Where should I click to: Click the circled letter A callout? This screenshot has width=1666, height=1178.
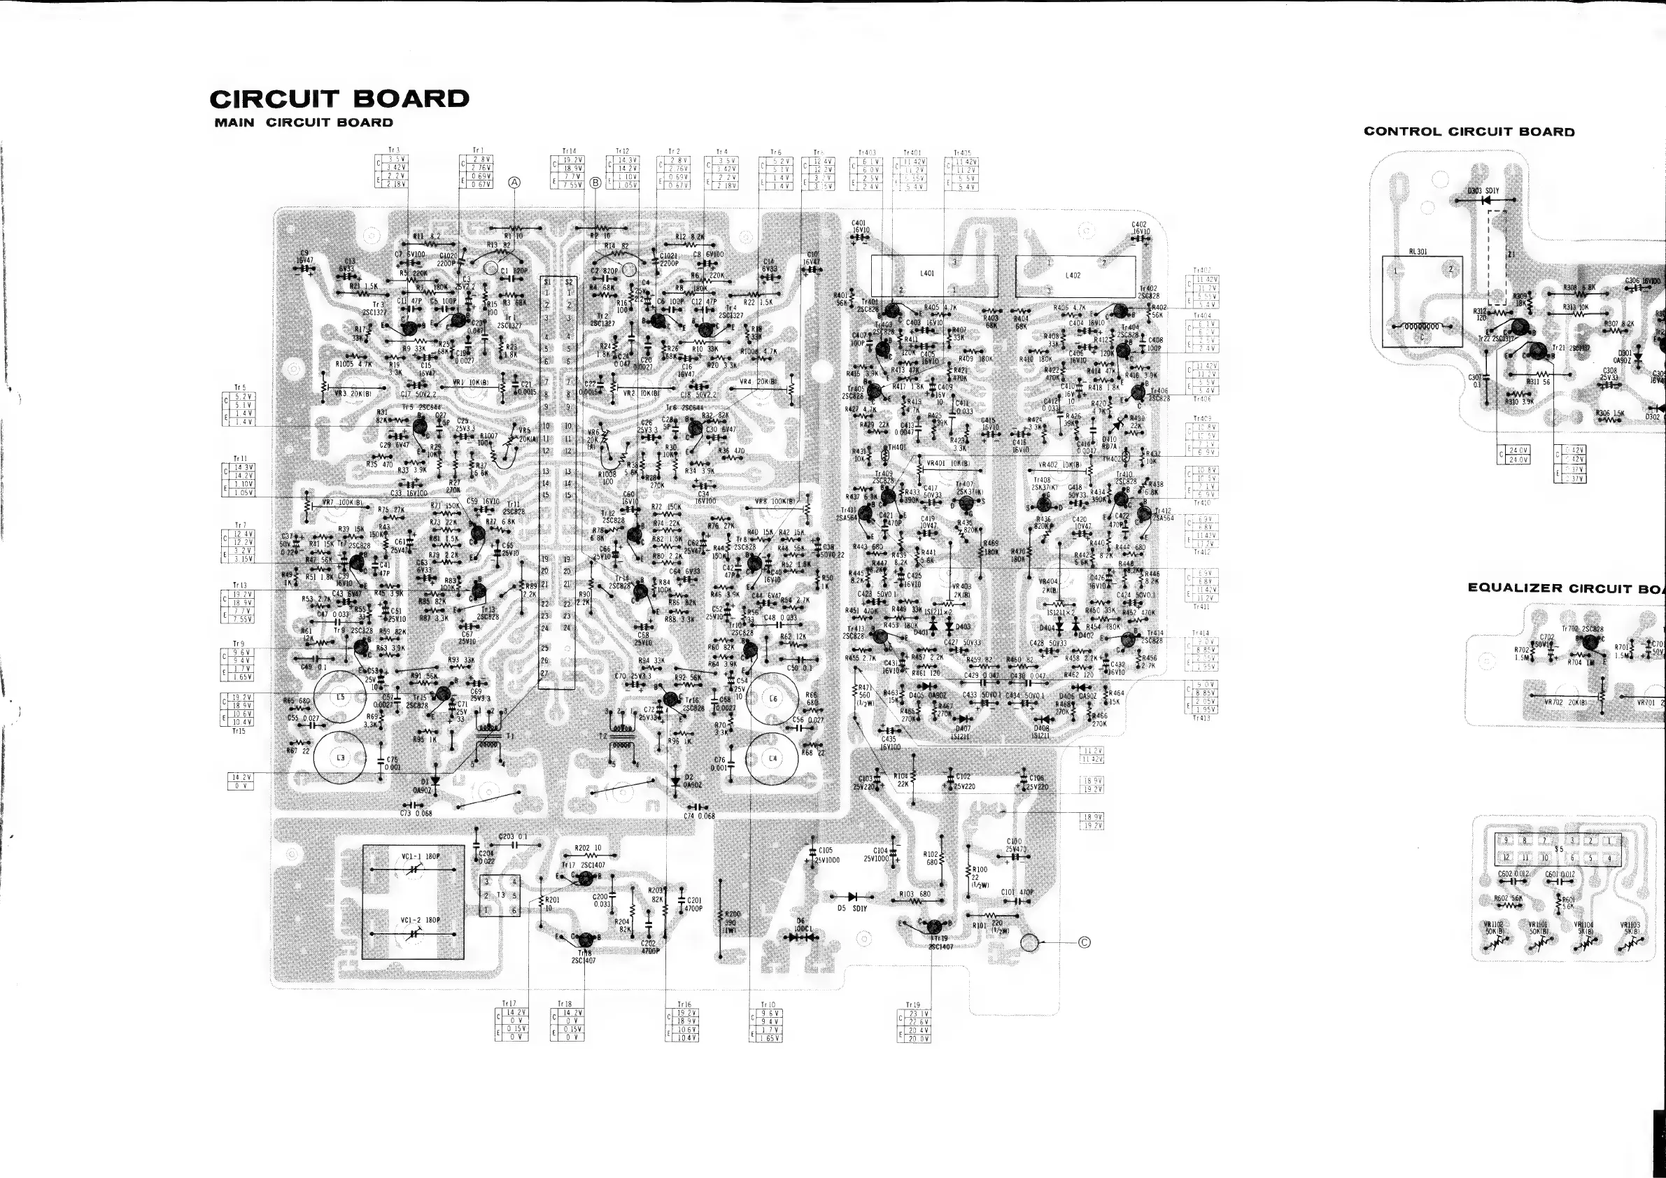[514, 183]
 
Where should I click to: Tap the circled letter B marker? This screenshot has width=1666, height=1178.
[595, 183]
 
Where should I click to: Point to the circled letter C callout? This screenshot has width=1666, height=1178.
[1084, 942]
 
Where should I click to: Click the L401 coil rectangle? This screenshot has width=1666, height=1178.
[934, 276]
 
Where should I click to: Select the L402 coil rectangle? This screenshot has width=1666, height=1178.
[1075, 276]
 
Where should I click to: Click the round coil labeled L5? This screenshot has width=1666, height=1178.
[340, 697]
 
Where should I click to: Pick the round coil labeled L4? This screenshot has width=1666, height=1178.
[772, 759]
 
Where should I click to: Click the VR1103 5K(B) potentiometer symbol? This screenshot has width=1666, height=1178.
[1630, 944]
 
